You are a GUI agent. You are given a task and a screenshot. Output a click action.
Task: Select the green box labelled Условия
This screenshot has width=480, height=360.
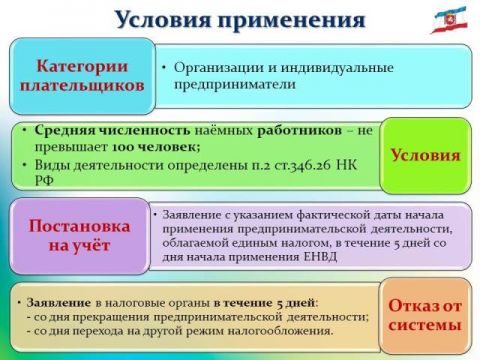pos(424,155)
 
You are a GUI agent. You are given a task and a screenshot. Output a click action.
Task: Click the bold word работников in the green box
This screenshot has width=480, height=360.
pos(291,130)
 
